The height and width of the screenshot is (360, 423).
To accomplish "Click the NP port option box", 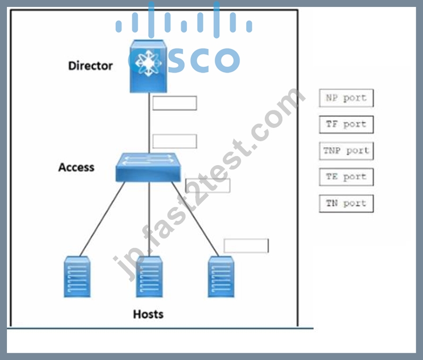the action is pos(347,98).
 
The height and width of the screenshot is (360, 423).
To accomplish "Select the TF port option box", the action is pos(347,124).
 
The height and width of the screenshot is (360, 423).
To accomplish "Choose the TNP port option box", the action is pos(347,151).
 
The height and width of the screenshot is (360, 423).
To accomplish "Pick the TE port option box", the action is pos(347,177).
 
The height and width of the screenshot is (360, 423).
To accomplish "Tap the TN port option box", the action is pos(347,203).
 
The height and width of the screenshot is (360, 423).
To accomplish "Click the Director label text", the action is pos(90,66).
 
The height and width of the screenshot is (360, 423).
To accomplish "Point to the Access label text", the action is pos(76,167).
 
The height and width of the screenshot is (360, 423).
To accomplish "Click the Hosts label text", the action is pos(149,314).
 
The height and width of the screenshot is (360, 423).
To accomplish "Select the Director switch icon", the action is pos(148,66).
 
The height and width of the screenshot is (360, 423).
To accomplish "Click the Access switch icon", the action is pos(148,168).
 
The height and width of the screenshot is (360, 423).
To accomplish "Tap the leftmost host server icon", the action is pos(77,277).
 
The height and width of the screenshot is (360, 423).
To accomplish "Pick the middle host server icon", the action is pos(149,277).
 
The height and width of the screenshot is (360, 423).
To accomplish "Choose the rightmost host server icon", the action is pos(221,277).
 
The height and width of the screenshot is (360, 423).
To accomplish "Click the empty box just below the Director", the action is pos(175,103).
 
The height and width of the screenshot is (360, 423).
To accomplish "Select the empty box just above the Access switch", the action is pos(175,141).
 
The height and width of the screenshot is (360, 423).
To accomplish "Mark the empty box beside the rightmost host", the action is pos(246,246).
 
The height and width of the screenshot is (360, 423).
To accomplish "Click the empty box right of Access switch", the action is pos(208,186).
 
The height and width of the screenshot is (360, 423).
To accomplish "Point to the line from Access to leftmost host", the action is pos(102,219).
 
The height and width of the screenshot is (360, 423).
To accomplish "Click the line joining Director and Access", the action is pos(149,123).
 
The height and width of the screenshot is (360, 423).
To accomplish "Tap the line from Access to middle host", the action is pos(149,219).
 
